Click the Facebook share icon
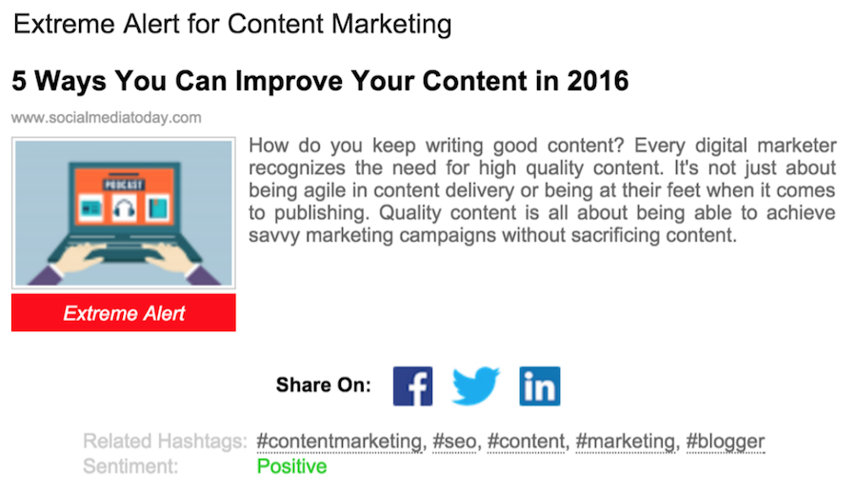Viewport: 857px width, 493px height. pyautogui.click(x=412, y=385)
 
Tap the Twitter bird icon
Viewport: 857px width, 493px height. pyautogui.click(x=475, y=385)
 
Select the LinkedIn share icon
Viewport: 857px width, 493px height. pyautogui.click(x=540, y=385)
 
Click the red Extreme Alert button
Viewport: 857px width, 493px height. pyautogui.click(x=124, y=312)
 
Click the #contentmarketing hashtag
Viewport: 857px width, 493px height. pyautogui.click(x=339, y=441)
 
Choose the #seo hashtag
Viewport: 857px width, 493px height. pyautogui.click(x=455, y=441)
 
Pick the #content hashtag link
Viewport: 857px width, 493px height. pyautogui.click(x=526, y=441)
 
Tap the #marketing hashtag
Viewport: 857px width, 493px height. pyautogui.click(x=626, y=441)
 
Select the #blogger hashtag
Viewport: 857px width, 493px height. pyautogui.click(x=726, y=441)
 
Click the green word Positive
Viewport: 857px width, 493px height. pyautogui.click(x=292, y=466)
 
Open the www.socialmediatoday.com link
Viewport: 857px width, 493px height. pyautogui.click(x=106, y=117)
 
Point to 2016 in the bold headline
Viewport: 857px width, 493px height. pyautogui.click(x=598, y=81)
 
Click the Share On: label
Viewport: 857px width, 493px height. pyautogui.click(x=323, y=385)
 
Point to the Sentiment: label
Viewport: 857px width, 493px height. pyautogui.click(x=130, y=466)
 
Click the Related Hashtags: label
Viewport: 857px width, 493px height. pyautogui.click(x=165, y=441)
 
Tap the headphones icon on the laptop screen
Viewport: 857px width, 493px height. pyautogui.click(x=124, y=207)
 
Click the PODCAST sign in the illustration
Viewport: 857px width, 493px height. pyautogui.click(x=124, y=185)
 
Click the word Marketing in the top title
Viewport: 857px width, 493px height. pyautogui.click(x=391, y=24)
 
